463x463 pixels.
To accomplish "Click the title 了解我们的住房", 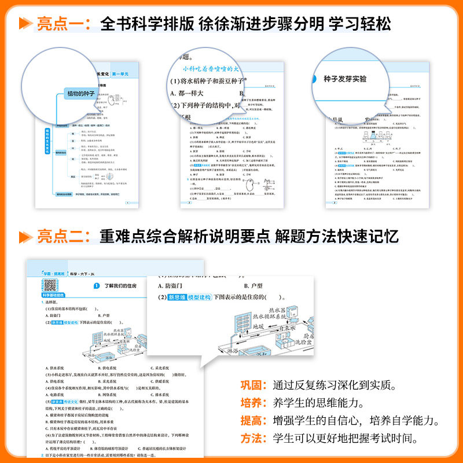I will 124,285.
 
